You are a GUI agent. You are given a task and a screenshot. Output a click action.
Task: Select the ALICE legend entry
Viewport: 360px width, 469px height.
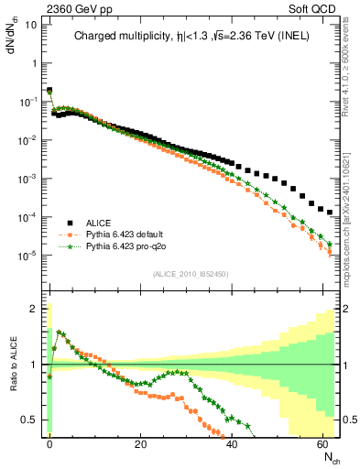pyautogui.click(x=102, y=222)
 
